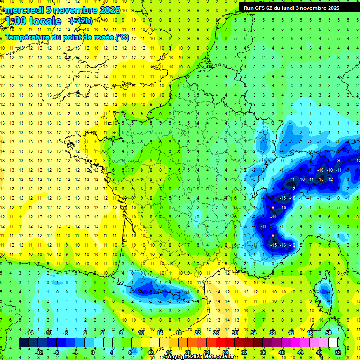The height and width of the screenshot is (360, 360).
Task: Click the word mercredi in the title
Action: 21,10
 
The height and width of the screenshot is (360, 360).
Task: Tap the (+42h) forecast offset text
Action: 81,21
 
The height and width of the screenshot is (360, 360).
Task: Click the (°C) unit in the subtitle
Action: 122,37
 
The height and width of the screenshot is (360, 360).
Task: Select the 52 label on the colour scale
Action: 338,352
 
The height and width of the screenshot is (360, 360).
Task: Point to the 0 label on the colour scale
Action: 92,352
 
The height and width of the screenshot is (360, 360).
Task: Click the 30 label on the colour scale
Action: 234,332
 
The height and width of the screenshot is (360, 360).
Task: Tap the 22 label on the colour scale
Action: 197,332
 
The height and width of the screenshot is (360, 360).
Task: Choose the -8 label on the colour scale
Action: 56,352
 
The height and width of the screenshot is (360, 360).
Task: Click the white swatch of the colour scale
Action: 333,343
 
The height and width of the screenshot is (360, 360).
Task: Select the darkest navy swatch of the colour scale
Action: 23,343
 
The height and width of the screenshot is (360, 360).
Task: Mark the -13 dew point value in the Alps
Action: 283,245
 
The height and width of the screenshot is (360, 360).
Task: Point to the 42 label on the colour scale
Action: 291,332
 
